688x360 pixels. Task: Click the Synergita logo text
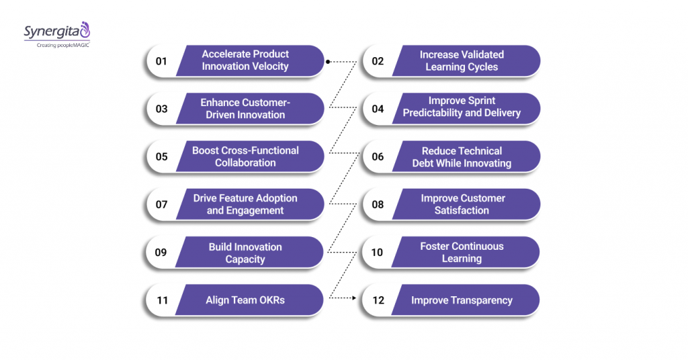[51, 32]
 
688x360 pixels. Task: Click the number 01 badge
[161, 61]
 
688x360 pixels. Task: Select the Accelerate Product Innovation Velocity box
[246, 60]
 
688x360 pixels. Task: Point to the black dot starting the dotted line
[328, 62]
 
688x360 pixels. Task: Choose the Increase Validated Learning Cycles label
[462, 60]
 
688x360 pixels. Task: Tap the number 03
[161, 109]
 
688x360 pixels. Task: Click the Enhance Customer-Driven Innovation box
[246, 109]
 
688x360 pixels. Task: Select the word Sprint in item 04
[480, 101]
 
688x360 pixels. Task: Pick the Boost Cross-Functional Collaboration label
[246, 156]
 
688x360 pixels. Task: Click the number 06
[378, 156]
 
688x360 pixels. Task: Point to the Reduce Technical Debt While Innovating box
[462, 156]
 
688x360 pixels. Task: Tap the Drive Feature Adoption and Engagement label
[246, 204]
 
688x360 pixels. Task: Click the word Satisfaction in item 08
[462, 210]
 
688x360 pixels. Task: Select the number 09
[161, 253]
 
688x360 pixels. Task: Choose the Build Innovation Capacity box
[246, 253]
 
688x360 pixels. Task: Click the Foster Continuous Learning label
[462, 253]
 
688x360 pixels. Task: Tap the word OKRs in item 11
[269, 300]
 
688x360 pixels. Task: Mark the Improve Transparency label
[462, 300]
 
